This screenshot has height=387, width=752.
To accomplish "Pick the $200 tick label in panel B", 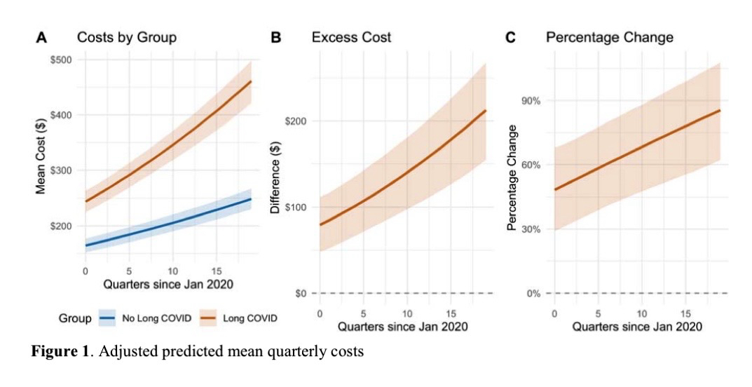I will click(x=297, y=121).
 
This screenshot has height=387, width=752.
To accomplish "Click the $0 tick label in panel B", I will click(x=301, y=293).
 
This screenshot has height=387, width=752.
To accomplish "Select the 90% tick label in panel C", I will click(x=531, y=101).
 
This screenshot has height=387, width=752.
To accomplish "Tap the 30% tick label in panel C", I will click(x=531, y=229).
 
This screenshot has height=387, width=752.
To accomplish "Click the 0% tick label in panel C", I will click(x=533, y=293).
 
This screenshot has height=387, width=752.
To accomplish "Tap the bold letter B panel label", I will click(x=275, y=38).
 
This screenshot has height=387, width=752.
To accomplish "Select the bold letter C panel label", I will click(x=510, y=38).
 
